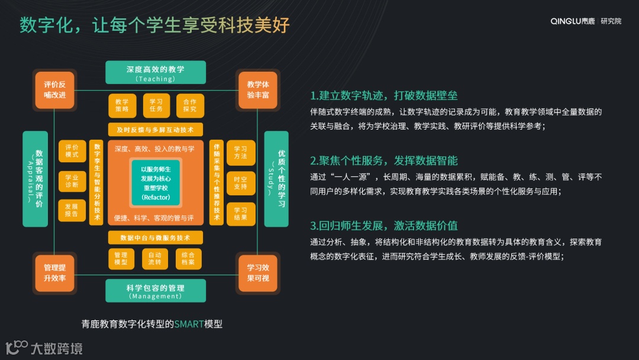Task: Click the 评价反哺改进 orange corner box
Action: tap(55, 89)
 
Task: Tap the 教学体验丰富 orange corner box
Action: tap(258, 89)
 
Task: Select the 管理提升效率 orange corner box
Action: tap(55, 273)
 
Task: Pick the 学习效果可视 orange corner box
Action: tap(258, 273)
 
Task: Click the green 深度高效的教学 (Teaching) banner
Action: tap(156, 72)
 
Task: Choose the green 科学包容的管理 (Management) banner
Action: tap(156, 291)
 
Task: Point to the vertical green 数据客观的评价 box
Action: tap(35, 179)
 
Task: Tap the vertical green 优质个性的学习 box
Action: tap(276, 179)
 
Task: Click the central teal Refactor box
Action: tap(156, 183)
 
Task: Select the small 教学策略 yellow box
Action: tap(122, 105)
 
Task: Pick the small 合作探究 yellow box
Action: tap(189, 105)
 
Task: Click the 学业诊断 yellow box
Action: tap(72, 181)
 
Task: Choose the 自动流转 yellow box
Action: tap(156, 258)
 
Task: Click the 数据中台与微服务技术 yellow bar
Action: tap(156, 237)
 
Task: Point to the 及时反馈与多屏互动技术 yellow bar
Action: tap(156, 130)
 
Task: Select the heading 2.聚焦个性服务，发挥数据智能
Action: tap(384, 160)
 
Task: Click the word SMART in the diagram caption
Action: tap(189, 324)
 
